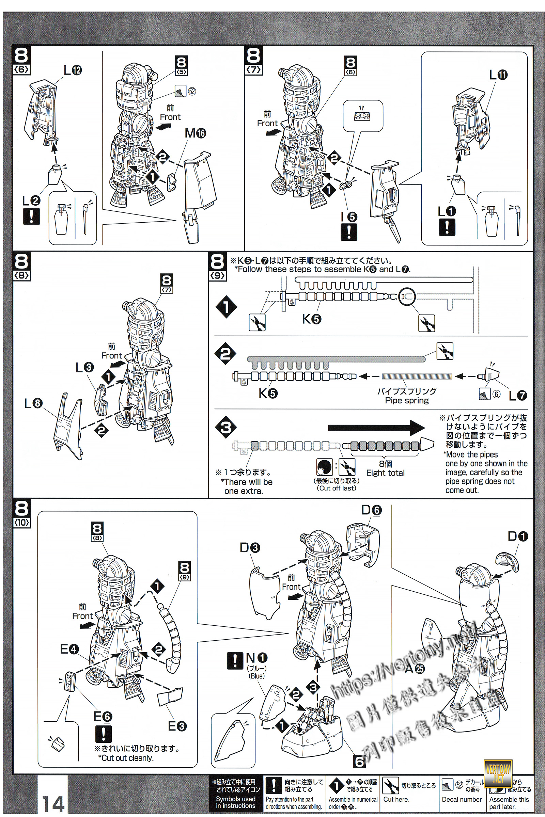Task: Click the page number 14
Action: point(53,803)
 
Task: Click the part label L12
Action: point(72,70)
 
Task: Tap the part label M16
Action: point(195,133)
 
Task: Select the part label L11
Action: point(498,75)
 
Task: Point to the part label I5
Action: point(349,217)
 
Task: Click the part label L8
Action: point(33,403)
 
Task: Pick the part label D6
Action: point(371,510)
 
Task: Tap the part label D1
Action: point(517,536)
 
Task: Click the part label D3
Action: point(250,548)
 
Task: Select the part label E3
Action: point(177,726)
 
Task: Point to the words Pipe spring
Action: point(407,401)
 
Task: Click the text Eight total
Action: point(386,473)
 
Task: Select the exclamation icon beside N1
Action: point(235,660)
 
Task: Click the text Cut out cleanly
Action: point(125,758)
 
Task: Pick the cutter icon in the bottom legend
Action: point(390,786)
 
